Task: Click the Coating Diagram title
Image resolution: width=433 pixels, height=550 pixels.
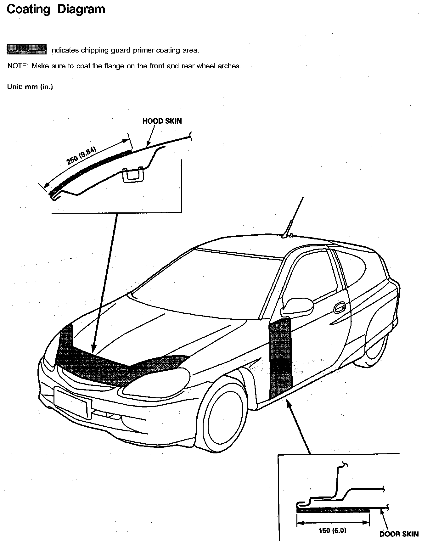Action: [56, 9]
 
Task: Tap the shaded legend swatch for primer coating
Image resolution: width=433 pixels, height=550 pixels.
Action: [26, 49]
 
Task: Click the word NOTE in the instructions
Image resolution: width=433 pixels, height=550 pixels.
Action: [18, 66]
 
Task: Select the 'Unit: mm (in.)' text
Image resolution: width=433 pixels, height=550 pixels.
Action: [30, 87]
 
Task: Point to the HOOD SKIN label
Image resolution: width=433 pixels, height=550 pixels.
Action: [162, 121]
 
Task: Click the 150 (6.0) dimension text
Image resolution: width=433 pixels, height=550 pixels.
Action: [332, 530]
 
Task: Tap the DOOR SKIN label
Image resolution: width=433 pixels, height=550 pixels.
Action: [399, 534]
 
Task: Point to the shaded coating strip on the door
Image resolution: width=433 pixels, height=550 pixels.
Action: [280, 359]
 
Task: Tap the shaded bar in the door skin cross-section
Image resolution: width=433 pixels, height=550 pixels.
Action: [333, 510]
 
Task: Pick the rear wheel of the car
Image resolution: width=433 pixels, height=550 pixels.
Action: [374, 346]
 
